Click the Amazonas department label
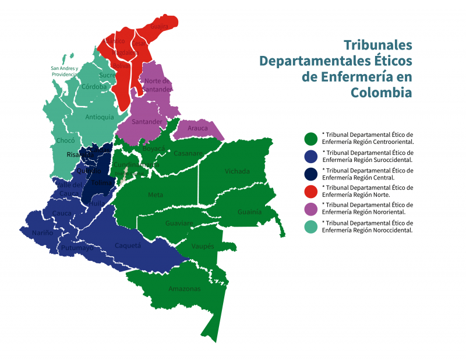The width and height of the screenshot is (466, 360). coord(184,289)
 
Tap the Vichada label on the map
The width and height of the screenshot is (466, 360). coord(237,171)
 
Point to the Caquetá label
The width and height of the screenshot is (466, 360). coord(128,245)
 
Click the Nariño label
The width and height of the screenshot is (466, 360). coord(43,233)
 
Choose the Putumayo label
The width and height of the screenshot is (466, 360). coord(77,248)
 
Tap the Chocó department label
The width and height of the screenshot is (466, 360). coord(65,140)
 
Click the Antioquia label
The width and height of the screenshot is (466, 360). coord(100,117)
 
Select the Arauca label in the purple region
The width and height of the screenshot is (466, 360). coord(197,128)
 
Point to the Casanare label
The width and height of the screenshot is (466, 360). coord(188,154)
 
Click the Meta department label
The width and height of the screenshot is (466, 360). coord(156,195)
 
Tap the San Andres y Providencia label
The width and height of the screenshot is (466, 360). coord(65,71)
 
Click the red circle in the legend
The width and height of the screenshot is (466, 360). coord(311,190)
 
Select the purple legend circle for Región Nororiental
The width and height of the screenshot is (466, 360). coord(311,209)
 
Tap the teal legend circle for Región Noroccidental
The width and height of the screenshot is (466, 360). coord(311,226)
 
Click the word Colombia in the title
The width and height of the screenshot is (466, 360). coord(381,93)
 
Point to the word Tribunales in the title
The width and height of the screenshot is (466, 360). coord(377,45)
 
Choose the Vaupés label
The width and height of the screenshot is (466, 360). coord(203,246)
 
